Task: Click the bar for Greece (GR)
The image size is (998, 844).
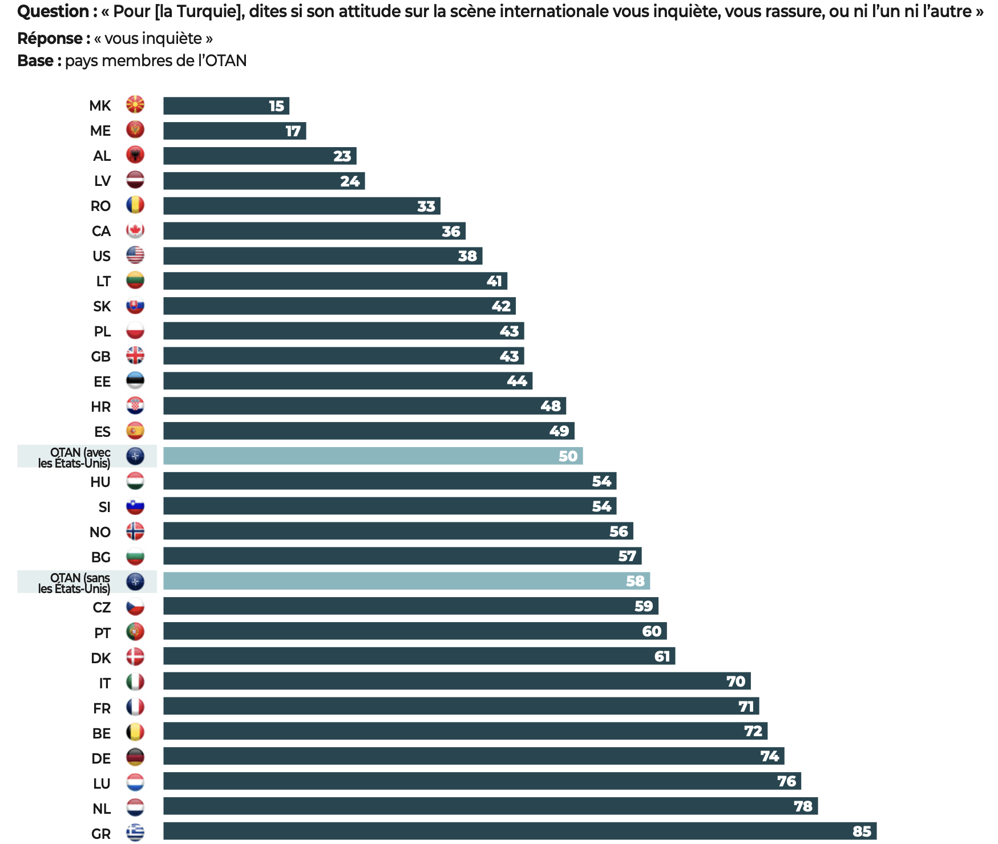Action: pyautogui.click(x=519, y=831)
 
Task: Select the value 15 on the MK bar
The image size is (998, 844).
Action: pyautogui.click(x=277, y=106)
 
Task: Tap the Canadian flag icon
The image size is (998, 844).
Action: pyautogui.click(x=135, y=230)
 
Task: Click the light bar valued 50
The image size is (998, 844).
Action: pyautogui.click(x=373, y=456)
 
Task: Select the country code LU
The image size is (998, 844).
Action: pyautogui.click(x=102, y=784)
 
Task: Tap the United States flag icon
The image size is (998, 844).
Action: pyautogui.click(x=135, y=255)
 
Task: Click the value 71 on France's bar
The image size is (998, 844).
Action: pyautogui.click(x=746, y=707)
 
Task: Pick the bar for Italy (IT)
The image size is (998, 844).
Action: pyautogui.click(x=456, y=681)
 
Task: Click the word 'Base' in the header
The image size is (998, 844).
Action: pyautogui.click(x=35, y=61)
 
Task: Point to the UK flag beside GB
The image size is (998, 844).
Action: pyautogui.click(x=135, y=356)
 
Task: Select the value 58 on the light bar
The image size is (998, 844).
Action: pyautogui.click(x=635, y=581)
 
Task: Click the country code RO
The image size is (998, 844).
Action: pyautogui.click(x=101, y=206)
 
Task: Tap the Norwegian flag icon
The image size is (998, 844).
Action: pyautogui.click(x=135, y=531)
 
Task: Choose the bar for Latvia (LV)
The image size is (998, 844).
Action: pyautogui.click(x=264, y=181)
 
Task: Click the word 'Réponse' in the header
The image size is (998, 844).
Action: pyautogui.click(x=50, y=39)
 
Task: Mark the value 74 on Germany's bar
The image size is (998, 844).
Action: pyautogui.click(x=769, y=756)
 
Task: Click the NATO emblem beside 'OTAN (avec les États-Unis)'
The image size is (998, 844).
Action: pyautogui.click(x=135, y=456)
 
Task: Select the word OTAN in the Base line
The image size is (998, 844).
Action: pyautogui.click(x=226, y=61)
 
